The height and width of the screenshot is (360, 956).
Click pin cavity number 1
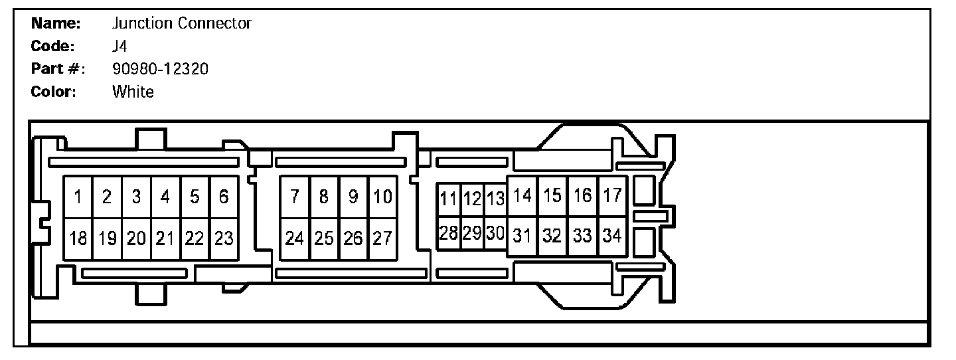[x=78, y=197]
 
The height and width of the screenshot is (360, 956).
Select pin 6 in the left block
[x=224, y=197]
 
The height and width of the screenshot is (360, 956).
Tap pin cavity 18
[x=78, y=238]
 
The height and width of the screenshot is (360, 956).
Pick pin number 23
[x=224, y=238]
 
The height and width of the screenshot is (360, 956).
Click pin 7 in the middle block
[x=295, y=197]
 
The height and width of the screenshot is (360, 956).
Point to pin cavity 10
[x=382, y=197]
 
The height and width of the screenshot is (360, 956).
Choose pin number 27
[x=382, y=238]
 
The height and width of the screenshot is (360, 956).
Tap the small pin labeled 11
[x=449, y=199]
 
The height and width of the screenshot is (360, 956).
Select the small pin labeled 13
[x=495, y=199]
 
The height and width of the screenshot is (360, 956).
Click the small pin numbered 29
[x=472, y=233]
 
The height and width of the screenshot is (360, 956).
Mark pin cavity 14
[x=522, y=196]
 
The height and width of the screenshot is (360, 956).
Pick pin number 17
[x=612, y=196]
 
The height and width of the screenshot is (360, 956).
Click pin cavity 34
[x=612, y=235]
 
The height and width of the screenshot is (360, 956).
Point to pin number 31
[x=522, y=235]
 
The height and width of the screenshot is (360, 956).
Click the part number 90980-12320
[x=160, y=68]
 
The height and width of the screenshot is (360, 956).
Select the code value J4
[x=119, y=46]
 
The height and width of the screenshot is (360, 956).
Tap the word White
[x=133, y=92]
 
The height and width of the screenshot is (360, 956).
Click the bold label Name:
[x=56, y=24]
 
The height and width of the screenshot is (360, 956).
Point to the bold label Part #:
[x=58, y=68]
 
